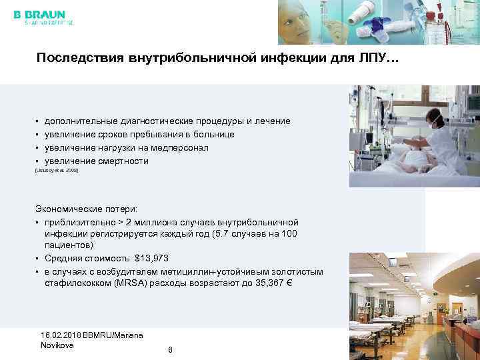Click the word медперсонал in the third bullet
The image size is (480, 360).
click(x=177, y=148)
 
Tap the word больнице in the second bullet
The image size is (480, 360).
click(x=211, y=135)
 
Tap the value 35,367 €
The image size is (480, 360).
click(x=269, y=284)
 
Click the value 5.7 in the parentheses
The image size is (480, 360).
click(x=233, y=234)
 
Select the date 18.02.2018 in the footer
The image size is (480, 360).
click(x=63, y=335)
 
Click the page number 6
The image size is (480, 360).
click(x=171, y=349)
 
